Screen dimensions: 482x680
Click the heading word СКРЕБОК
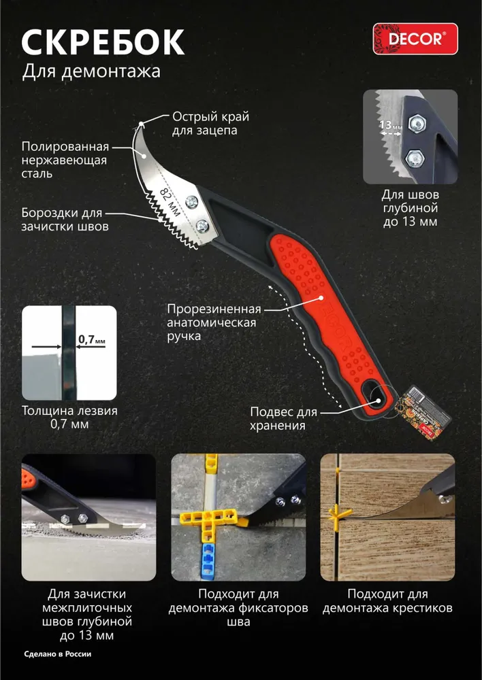[103, 42]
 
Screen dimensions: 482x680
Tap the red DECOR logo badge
[415, 39]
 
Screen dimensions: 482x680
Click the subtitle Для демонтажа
[91, 71]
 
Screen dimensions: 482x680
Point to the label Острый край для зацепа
[210, 124]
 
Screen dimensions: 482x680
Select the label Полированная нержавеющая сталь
[65, 160]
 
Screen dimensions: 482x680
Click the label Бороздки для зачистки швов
[65, 220]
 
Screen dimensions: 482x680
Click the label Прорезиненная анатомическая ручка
[214, 322]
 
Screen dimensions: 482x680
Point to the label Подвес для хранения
[284, 418]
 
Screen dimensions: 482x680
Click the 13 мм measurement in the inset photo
[390, 126]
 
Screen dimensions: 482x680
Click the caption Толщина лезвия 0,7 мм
[69, 418]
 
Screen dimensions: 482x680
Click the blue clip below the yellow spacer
[210, 562]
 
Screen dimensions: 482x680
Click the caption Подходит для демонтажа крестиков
[388, 600]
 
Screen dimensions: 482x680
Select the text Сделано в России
[58, 654]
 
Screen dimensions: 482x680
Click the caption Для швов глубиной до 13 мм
[410, 208]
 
